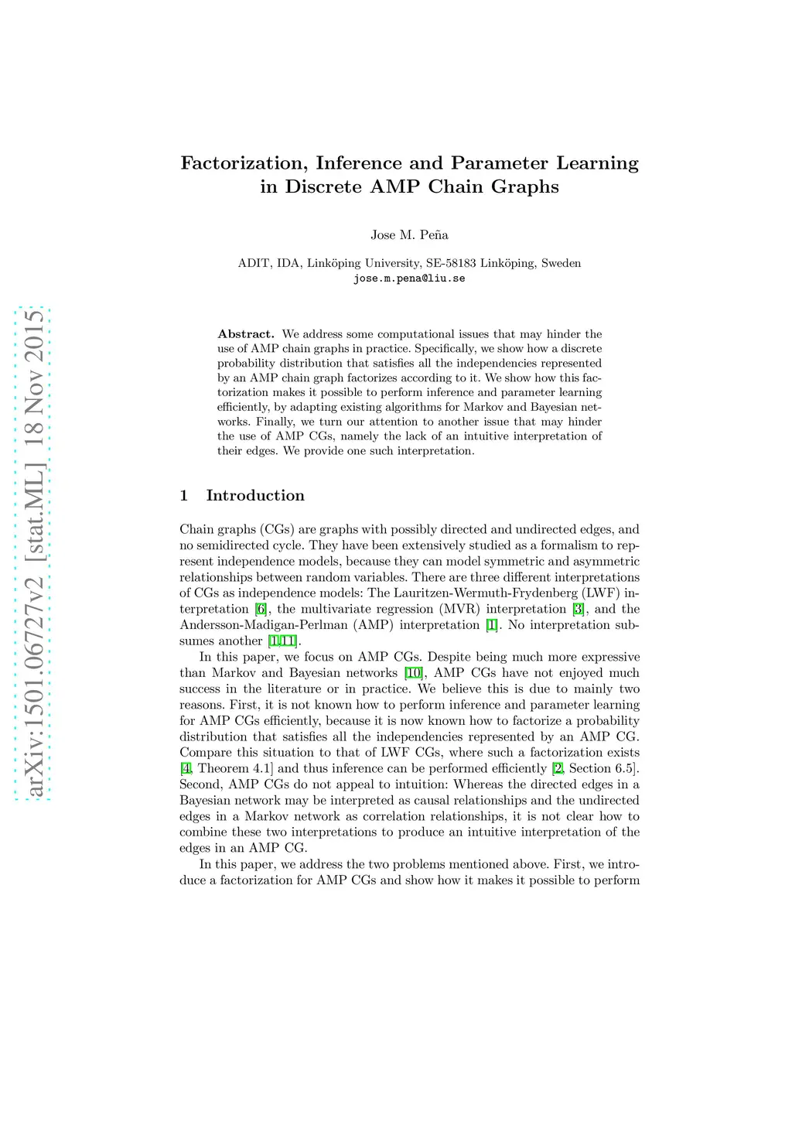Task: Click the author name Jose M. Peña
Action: pyautogui.click(x=409, y=235)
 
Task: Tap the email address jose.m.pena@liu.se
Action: pyautogui.click(x=409, y=279)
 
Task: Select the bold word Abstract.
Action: pyautogui.click(x=246, y=334)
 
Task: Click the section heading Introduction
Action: pyautogui.click(x=255, y=496)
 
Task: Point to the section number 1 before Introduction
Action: pyautogui.click(x=184, y=496)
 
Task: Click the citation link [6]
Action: pyautogui.click(x=261, y=609)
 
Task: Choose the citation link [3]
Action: pyautogui.click(x=578, y=609)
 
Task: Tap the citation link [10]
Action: pyautogui.click(x=413, y=673)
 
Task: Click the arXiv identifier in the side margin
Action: pyautogui.click(x=33, y=553)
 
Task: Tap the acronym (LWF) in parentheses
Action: pyautogui.click(x=600, y=593)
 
